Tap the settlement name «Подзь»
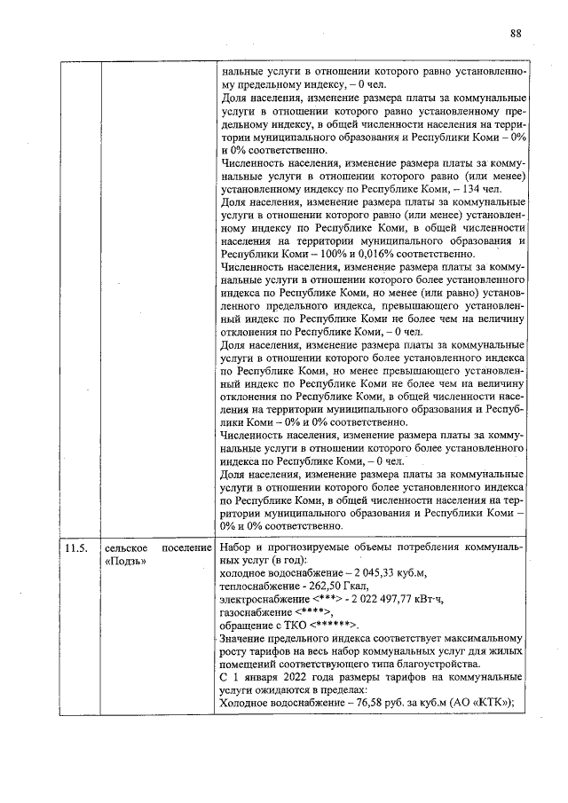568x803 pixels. [128, 562]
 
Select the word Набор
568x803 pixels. [236, 548]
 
